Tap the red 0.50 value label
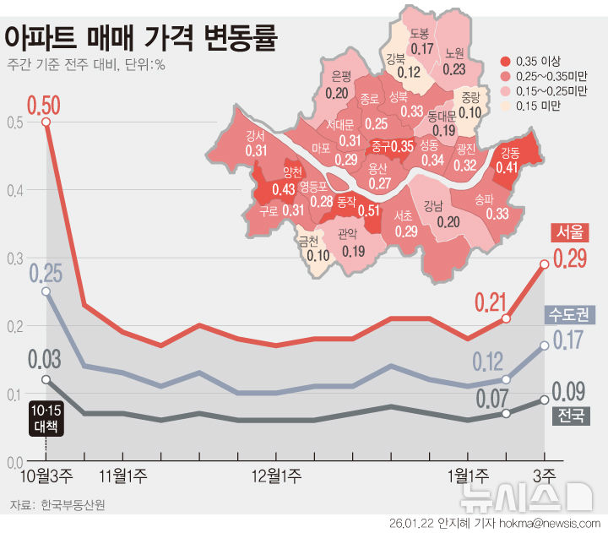click(x=44, y=105)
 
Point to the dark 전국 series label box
click(x=570, y=416)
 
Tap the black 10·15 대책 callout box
click(x=46, y=417)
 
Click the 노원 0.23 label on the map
click(x=453, y=61)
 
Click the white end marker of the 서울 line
click(x=544, y=264)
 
